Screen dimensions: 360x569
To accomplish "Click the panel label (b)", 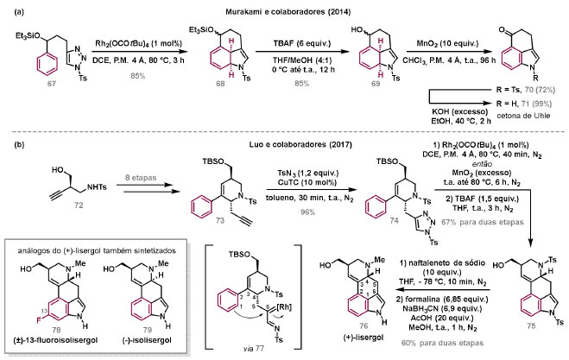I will pos(11,140).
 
